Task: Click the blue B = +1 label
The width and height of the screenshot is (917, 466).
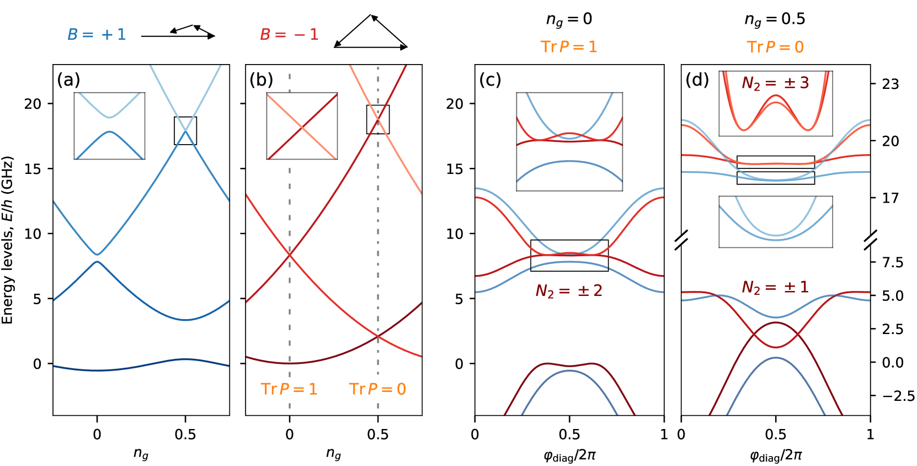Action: (x=97, y=34)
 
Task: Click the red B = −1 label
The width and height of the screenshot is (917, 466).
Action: (x=289, y=34)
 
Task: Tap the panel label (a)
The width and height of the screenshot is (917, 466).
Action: (x=68, y=80)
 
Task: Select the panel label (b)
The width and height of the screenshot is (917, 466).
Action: (x=261, y=80)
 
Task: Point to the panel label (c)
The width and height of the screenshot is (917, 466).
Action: (x=490, y=80)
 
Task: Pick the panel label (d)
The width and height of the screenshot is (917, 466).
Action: (x=697, y=80)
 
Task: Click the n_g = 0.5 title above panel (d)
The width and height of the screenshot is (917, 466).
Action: (x=775, y=19)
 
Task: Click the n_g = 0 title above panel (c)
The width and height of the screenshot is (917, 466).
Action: (x=569, y=19)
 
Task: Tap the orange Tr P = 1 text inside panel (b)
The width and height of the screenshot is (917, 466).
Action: (x=289, y=389)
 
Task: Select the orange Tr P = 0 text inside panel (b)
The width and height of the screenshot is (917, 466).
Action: (x=377, y=389)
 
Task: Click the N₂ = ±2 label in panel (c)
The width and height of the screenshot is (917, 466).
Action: (x=569, y=290)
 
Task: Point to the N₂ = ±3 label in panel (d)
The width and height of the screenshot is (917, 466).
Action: (x=775, y=83)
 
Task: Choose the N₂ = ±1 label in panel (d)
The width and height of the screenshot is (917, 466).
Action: (x=775, y=287)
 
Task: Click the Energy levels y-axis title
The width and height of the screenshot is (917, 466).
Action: (x=7, y=240)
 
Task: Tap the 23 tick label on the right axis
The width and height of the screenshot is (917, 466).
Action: (x=890, y=84)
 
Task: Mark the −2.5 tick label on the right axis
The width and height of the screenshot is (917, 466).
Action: (x=898, y=396)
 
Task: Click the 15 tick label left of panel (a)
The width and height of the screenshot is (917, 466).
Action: (x=33, y=169)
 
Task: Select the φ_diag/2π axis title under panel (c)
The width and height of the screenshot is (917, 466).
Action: (x=569, y=455)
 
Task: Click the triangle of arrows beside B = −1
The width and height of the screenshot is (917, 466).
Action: (x=371, y=33)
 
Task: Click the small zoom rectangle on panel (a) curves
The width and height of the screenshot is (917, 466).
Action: (x=185, y=131)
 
